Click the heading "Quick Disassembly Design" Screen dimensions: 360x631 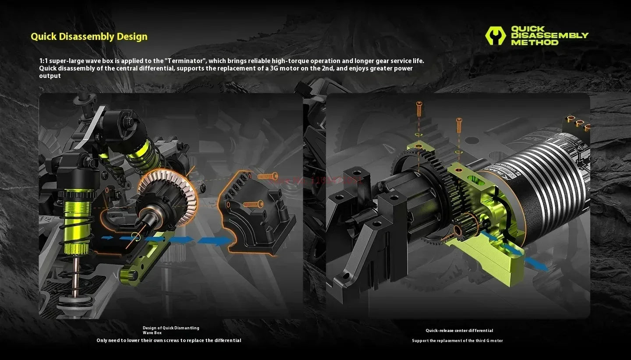[89, 37]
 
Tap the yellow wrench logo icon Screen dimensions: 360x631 [495, 36]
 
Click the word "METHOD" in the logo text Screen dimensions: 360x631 [535, 42]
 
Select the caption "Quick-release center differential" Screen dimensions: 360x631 [459, 331]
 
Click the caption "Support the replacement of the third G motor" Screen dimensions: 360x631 [457, 341]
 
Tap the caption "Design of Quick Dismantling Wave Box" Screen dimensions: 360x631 [171, 330]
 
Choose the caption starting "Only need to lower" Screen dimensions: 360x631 [169, 340]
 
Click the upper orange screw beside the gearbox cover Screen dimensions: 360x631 [268, 176]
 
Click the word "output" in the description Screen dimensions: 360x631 [50, 76]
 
